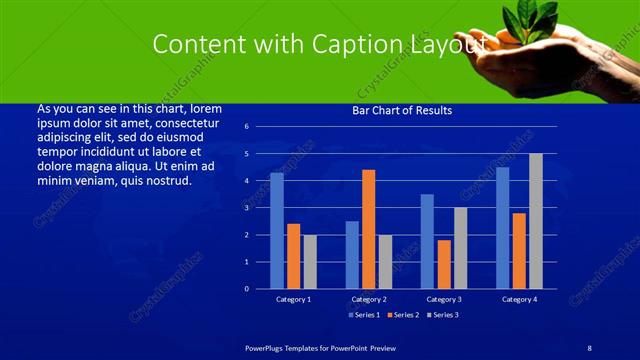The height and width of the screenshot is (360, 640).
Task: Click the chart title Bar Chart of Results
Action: pyautogui.click(x=402, y=110)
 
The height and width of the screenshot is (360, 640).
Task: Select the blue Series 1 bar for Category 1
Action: pyautogui.click(x=277, y=231)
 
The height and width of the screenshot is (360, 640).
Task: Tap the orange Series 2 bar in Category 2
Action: pyautogui.click(x=369, y=229)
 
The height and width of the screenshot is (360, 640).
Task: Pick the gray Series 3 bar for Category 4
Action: pyautogui.click(x=536, y=221)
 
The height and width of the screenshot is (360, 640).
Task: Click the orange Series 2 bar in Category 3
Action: pyautogui.click(x=444, y=264)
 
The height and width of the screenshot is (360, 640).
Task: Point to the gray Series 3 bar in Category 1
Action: pyautogui.click(x=310, y=262)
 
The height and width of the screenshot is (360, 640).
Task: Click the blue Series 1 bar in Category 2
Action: pyautogui.click(x=352, y=255)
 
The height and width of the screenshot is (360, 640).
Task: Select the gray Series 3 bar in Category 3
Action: pyautogui.click(x=460, y=248)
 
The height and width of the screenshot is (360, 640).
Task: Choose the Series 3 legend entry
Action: pyautogui.click(x=441, y=315)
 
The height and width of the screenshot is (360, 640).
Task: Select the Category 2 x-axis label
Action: pyautogui.click(x=369, y=299)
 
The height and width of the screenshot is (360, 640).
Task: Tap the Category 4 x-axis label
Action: pyautogui.click(x=519, y=299)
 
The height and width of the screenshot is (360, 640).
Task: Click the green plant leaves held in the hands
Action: pyautogui.click(x=531, y=19)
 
